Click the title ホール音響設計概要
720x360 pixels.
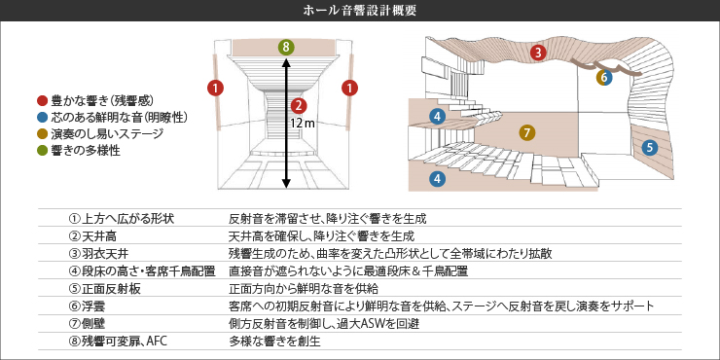[x=360, y=12]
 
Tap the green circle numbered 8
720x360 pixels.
[x=285, y=47]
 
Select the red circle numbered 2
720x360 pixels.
[x=299, y=105]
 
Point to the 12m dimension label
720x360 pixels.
[x=304, y=125]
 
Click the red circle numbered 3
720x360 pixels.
[x=538, y=53]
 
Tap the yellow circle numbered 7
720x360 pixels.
[x=526, y=131]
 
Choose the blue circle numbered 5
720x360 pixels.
[x=650, y=147]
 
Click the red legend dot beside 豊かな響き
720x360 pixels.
[x=41, y=99]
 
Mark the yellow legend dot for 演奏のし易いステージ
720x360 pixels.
[x=41, y=133]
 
